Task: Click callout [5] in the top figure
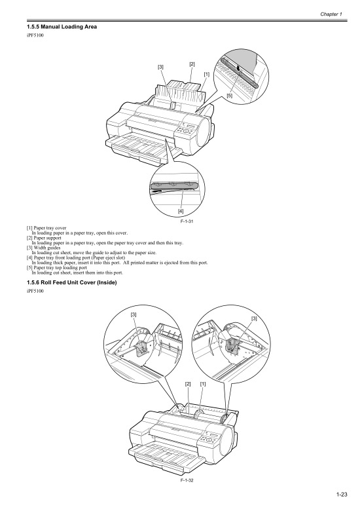[230, 96]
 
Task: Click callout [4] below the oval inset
[180, 212]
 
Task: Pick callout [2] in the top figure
[192, 64]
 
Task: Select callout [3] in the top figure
[160, 67]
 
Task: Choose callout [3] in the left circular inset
[134, 316]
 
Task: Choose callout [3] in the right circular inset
[254, 318]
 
